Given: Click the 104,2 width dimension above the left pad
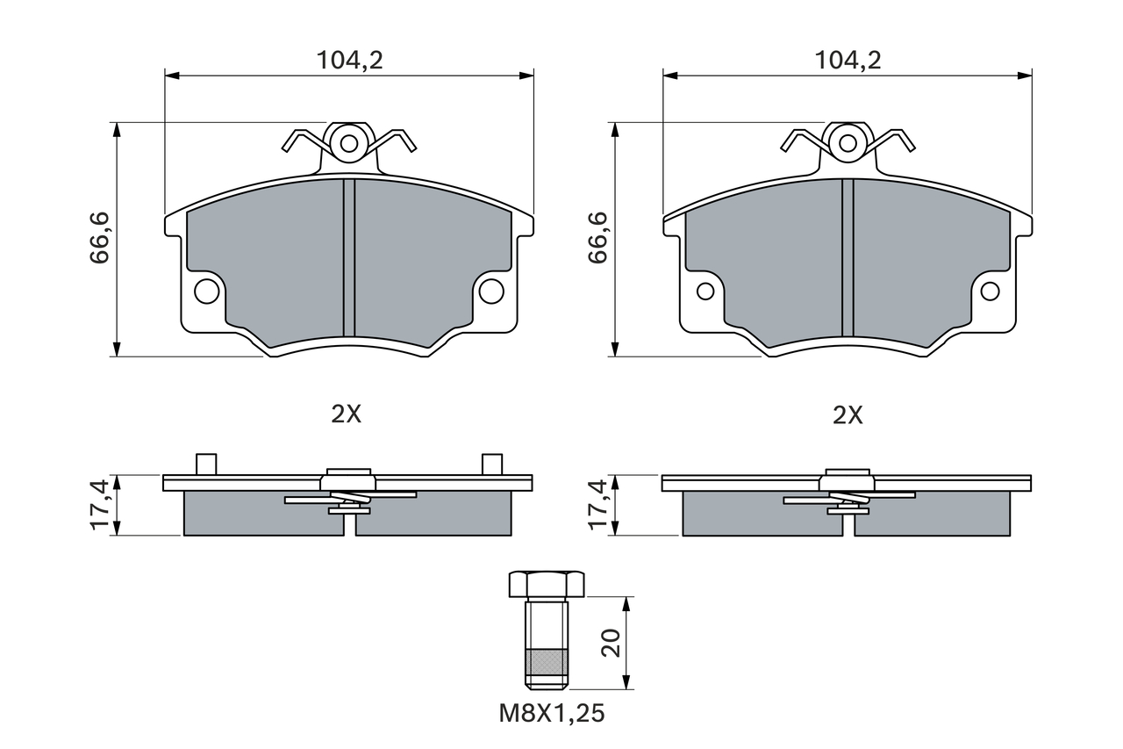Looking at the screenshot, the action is coord(349,61).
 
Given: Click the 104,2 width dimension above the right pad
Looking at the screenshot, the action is coord(848,61).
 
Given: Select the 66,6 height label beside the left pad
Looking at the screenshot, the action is coord(100,238).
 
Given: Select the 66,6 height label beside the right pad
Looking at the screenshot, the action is coord(597,238).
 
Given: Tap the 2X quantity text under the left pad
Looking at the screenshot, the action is coord(346,414).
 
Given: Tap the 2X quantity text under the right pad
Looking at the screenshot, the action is coord(848,415).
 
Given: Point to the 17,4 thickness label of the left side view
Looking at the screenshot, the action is coord(99,504).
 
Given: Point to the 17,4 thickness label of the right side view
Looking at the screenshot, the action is coord(597,504).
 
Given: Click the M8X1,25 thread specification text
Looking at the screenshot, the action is coord(552,713).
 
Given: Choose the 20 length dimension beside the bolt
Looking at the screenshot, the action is coord(611,643).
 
